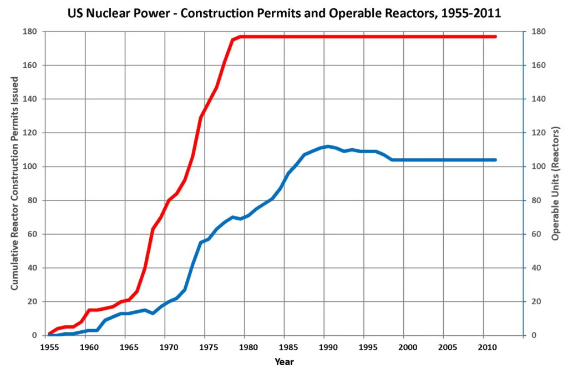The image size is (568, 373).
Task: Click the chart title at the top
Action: tap(284, 13)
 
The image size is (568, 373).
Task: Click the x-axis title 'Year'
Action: tap(284, 362)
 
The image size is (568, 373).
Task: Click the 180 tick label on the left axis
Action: tap(30, 32)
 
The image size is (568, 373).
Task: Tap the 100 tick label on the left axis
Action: tap(30, 167)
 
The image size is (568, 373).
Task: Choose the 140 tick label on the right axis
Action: tap(537, 99)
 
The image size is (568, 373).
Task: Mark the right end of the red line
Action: tap(495, 37)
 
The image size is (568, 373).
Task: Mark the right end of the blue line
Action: tap(495, 160)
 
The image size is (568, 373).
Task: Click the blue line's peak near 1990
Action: tap(328, 147)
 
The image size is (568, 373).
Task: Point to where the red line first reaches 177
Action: tap(240, 37)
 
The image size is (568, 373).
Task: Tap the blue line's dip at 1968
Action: tap(153, 314)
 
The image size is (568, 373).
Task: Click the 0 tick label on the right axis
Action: tap(533, 335)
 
